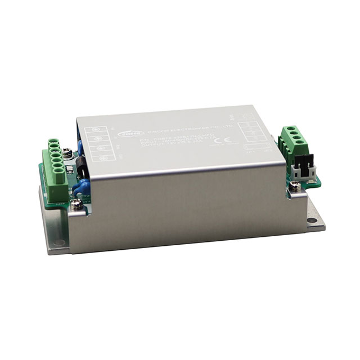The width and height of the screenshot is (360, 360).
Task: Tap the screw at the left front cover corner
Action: (78, 204)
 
